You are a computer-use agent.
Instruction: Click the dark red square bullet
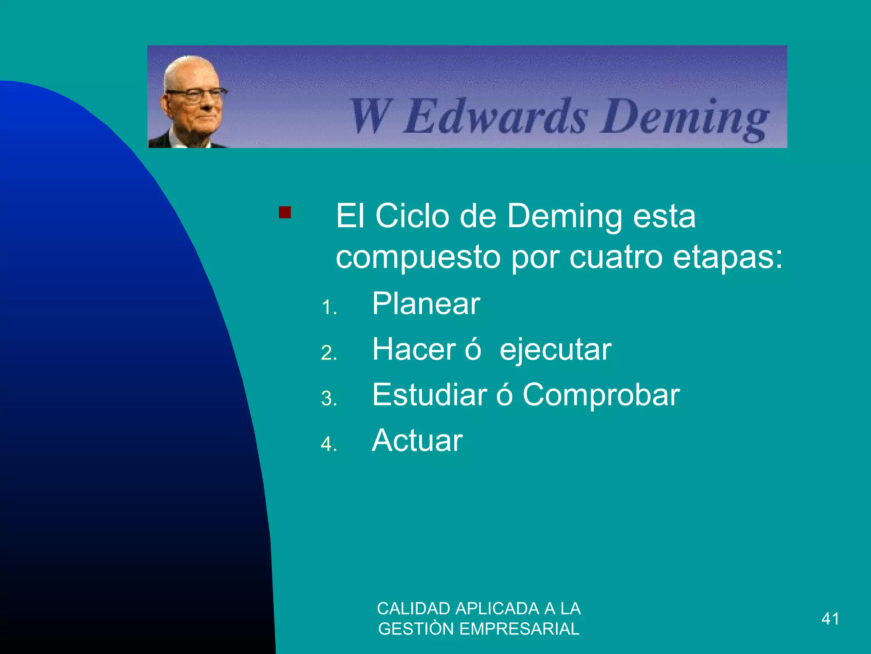[285, 212]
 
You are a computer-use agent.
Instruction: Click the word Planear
[426, 304]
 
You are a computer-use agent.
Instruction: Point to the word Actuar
[417, 441]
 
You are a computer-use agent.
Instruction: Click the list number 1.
[328, 308]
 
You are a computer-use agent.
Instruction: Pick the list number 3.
[328, 399]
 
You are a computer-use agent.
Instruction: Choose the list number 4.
[328, 445]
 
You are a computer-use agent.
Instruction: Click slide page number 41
[830, 619]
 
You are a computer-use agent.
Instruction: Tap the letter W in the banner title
[369, 116]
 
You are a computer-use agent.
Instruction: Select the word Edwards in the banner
[495, 116]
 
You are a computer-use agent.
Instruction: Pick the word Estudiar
[429, 395]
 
